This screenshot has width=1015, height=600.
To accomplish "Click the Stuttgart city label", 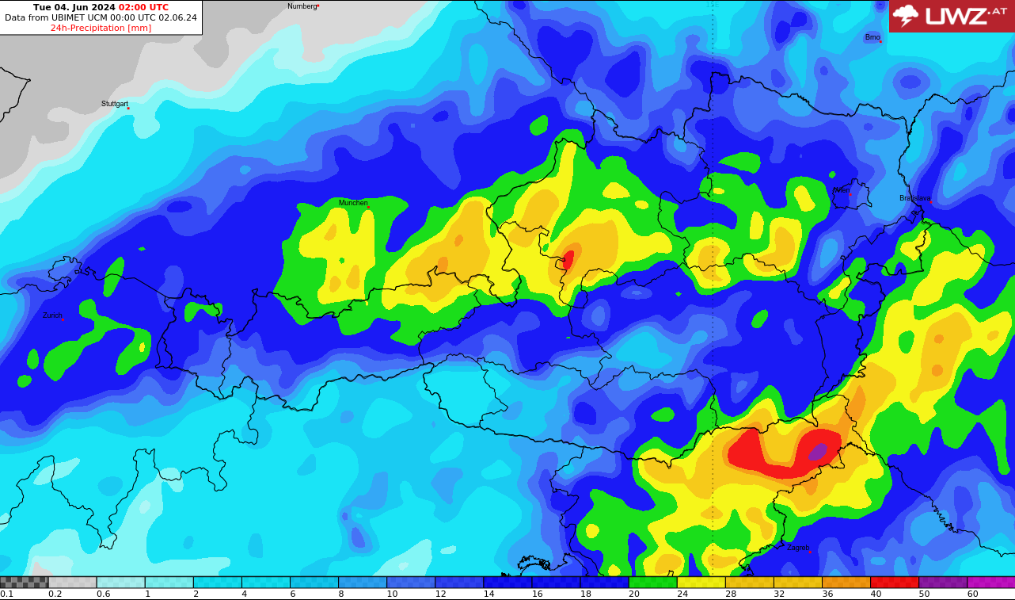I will coord(115,104).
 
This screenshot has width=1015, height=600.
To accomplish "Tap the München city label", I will coord(353,203).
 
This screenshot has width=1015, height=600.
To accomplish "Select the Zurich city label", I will coord(52,315).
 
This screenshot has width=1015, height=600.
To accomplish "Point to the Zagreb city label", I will coord(798,548).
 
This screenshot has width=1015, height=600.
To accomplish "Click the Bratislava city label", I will coord(915,198).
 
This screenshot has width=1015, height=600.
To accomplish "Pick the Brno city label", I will coord(872,37).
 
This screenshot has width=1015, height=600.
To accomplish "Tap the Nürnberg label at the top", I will coord(302,6).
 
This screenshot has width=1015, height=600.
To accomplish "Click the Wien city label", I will coord(842,190).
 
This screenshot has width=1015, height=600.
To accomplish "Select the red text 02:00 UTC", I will coord(143,7).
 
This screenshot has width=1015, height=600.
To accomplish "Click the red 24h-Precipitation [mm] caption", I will coord(101,28).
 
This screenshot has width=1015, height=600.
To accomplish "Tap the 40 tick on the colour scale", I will coord(876,594).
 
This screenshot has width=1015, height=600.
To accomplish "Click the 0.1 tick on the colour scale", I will coord(7,594).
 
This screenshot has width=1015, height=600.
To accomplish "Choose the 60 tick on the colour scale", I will coord(972,594).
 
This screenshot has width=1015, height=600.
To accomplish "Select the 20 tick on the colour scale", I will coord(634,594).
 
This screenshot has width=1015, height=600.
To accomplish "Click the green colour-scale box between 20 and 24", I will coord(653,582).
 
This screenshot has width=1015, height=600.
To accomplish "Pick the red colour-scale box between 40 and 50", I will coord(895,582).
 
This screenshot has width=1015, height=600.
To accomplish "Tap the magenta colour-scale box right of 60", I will coord(991,582).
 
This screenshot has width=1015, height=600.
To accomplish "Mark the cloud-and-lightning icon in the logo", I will coord(906,15).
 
